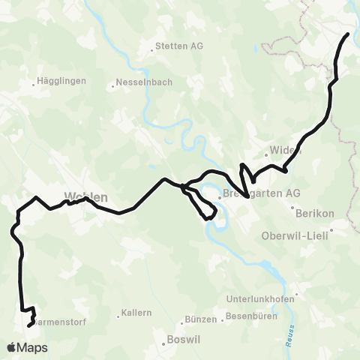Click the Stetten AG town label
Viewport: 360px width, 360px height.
[179, 46]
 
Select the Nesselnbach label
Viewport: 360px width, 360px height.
[142, 83]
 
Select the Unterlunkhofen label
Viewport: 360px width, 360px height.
[261, 298]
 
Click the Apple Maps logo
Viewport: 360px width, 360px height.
[27, 347]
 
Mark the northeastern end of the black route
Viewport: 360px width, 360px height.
[348, 34]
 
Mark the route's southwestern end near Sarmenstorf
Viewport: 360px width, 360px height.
[29, 325]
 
